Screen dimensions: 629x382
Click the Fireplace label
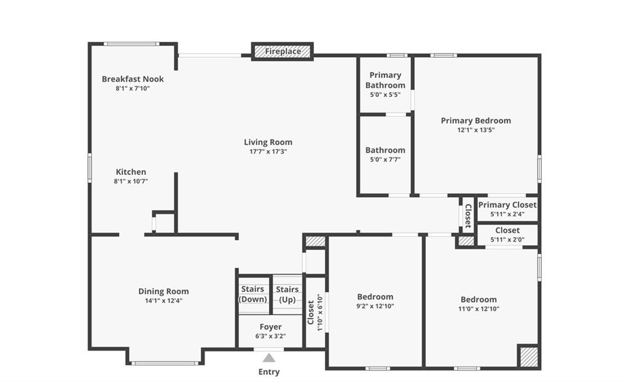tap(283, 52)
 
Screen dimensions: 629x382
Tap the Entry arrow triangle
tap(269, 358)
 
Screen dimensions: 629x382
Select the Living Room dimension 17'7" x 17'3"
tap(268, 152)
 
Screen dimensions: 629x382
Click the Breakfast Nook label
tap(133, 79)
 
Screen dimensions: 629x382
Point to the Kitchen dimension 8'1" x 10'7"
tap(131, 181)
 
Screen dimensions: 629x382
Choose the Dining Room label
tap(163, 291)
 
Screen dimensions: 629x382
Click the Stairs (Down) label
tap(252, 294)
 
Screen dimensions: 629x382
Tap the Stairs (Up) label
tap(287, 295)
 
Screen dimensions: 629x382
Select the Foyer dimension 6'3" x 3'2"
tap(270, 337)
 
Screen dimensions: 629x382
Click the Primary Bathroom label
tap(385, 80)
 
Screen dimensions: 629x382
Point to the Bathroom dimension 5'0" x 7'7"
tap(385, 160)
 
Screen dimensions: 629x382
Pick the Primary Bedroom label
tap(476, 120)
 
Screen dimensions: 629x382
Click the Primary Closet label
tap(507, 205)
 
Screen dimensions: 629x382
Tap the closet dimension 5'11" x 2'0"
tap(507, 240)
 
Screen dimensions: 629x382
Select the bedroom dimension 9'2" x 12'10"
tap(375, 306)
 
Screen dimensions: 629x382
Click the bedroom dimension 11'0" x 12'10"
tap(479, 309)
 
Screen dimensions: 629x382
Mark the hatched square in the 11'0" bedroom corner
tap(528, 356)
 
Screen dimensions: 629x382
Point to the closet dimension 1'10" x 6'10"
tap(319, 313)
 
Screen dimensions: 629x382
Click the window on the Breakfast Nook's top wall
tap(131, 44)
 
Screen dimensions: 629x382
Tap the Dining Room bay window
tap(165, 364)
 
